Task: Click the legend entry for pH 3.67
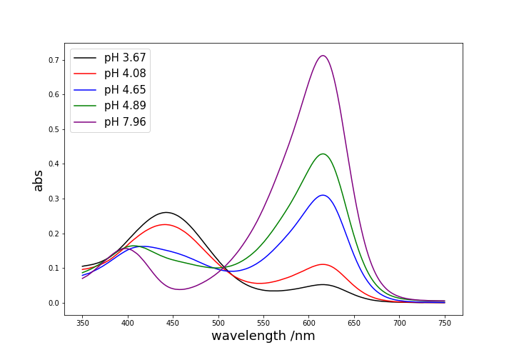[125, 58]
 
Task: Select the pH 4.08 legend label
[125, 74]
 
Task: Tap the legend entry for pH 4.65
[125, 90]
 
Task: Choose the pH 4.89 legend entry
[125, 106]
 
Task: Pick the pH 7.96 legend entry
[125, 122]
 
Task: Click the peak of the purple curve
[323, 56]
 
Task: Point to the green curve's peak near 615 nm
[323, 154]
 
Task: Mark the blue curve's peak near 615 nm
[323, 195]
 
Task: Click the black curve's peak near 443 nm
[166, 212]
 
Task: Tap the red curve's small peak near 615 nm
[323, 264]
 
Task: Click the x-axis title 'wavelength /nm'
[263, 336]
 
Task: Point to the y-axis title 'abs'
[39, 180]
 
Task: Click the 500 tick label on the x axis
[218, 323]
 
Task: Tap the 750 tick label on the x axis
[445, 323]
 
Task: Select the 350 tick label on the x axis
[82, 323]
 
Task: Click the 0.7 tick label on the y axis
[53, 60]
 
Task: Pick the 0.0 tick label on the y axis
[53, 303]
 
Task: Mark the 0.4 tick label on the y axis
[53, 164]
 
